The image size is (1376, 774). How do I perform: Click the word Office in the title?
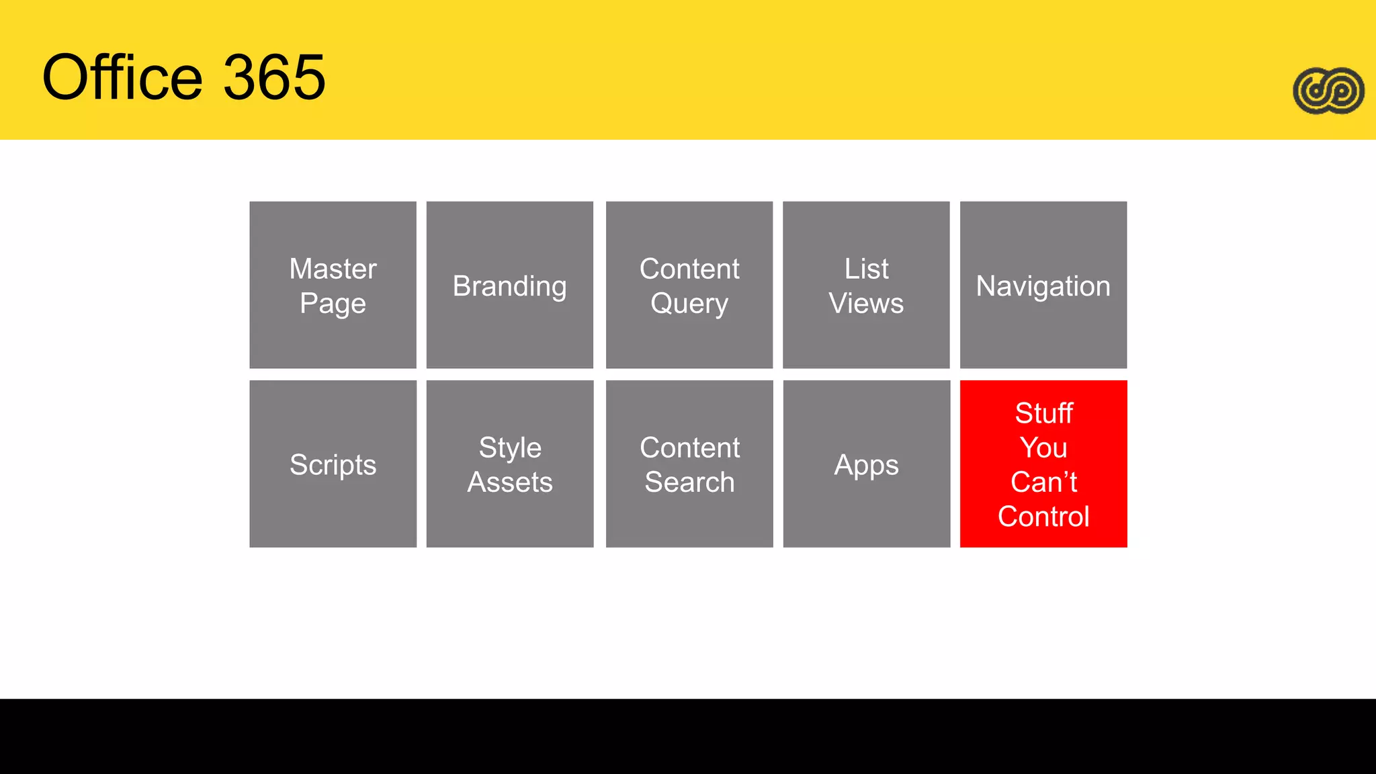coord(122,77)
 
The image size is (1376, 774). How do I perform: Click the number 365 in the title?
coord(274,77)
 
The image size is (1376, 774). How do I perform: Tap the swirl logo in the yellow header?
coord(1328,91)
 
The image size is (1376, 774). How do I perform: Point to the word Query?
coord(689,304)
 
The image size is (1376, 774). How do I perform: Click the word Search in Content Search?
coord(689,482)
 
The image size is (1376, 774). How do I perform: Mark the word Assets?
coord(509,482)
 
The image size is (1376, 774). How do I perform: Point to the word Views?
coord(866,304)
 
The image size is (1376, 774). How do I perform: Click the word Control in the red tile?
coord(1043,517)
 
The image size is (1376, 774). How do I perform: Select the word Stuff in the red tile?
coord(1043,413)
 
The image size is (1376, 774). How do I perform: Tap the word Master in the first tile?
coord(333,269)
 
